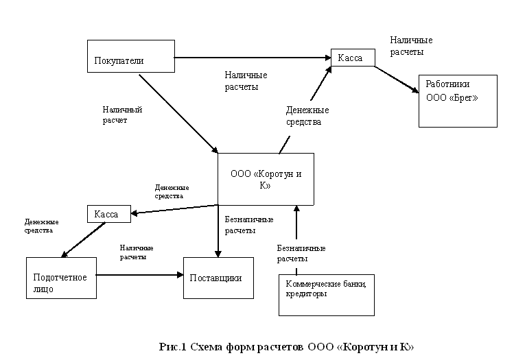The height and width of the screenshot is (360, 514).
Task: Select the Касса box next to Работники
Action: pos(353,58)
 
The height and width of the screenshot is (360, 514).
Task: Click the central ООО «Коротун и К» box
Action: pos(266,178)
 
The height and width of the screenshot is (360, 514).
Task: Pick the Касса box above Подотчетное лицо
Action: pos(108,214)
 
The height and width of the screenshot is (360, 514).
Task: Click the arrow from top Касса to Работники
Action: pos(397,79)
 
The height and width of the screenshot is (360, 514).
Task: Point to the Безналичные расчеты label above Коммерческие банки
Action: pos(301,253)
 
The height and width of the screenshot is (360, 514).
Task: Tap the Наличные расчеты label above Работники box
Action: pos(411,46)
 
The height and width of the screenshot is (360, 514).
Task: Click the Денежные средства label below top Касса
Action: pos(307,116)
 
